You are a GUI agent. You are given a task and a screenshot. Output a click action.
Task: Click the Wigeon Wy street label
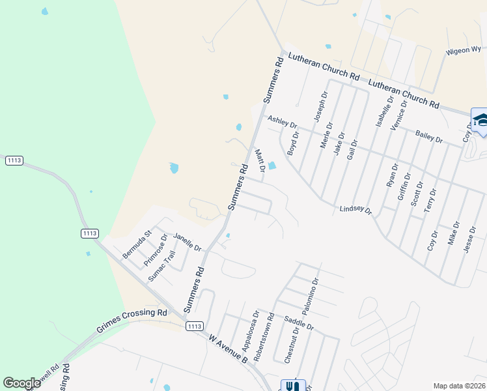(x=463, y=50)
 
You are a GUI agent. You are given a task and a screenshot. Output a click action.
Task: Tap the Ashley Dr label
(x=282, y=122)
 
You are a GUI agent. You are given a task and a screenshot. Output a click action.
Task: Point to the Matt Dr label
(x=260, y=161)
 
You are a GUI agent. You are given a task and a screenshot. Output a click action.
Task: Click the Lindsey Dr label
(x=355, y=210)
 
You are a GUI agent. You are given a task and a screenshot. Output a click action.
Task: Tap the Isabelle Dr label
(x=382, y=111)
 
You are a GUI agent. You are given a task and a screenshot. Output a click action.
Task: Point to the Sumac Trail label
(x=162, y=266)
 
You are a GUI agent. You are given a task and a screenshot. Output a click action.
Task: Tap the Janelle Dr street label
(x=187, y=242)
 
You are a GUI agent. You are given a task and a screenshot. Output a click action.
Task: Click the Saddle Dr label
(x=299, y=322)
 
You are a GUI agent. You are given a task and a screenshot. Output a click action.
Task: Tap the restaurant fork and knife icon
(x=292, y=386)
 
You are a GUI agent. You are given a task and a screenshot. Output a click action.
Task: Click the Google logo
(x=21, y=383)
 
